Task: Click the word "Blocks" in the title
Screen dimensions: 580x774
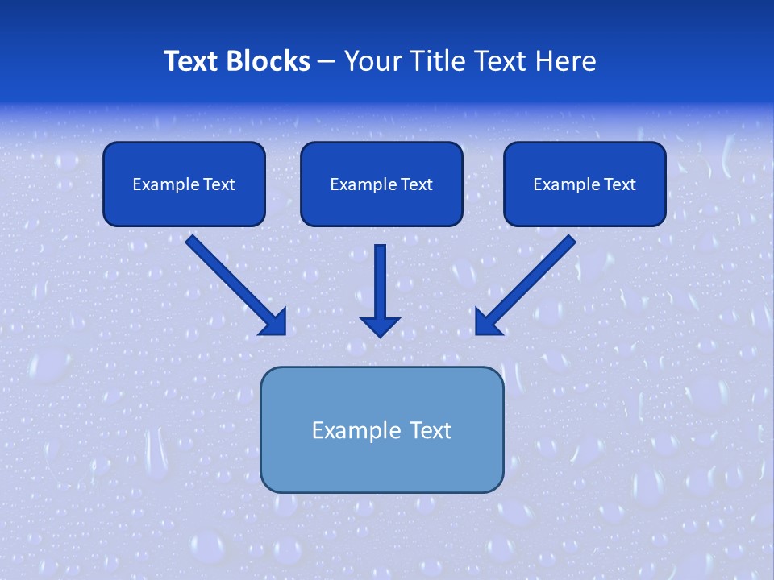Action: (x=268, y=61)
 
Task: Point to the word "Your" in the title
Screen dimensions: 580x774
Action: (x=369, y=61)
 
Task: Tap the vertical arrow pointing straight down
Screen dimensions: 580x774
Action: (x=381, y=282)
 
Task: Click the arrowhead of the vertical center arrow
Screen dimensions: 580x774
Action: (x=381, y=325)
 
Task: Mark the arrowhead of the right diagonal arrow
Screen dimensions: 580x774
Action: (x=487, y=322)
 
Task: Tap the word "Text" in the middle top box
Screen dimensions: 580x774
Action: (x=416, y=184)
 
